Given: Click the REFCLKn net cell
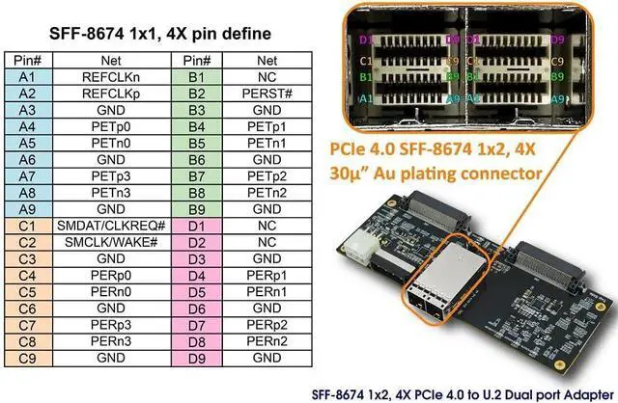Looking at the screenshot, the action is (110, 75).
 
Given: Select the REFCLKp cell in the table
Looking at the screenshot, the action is (110, 93).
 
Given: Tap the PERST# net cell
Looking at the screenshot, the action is (267, 93).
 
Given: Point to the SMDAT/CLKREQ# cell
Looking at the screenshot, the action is (110, 226).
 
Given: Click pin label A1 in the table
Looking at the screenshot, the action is (27, 75).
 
